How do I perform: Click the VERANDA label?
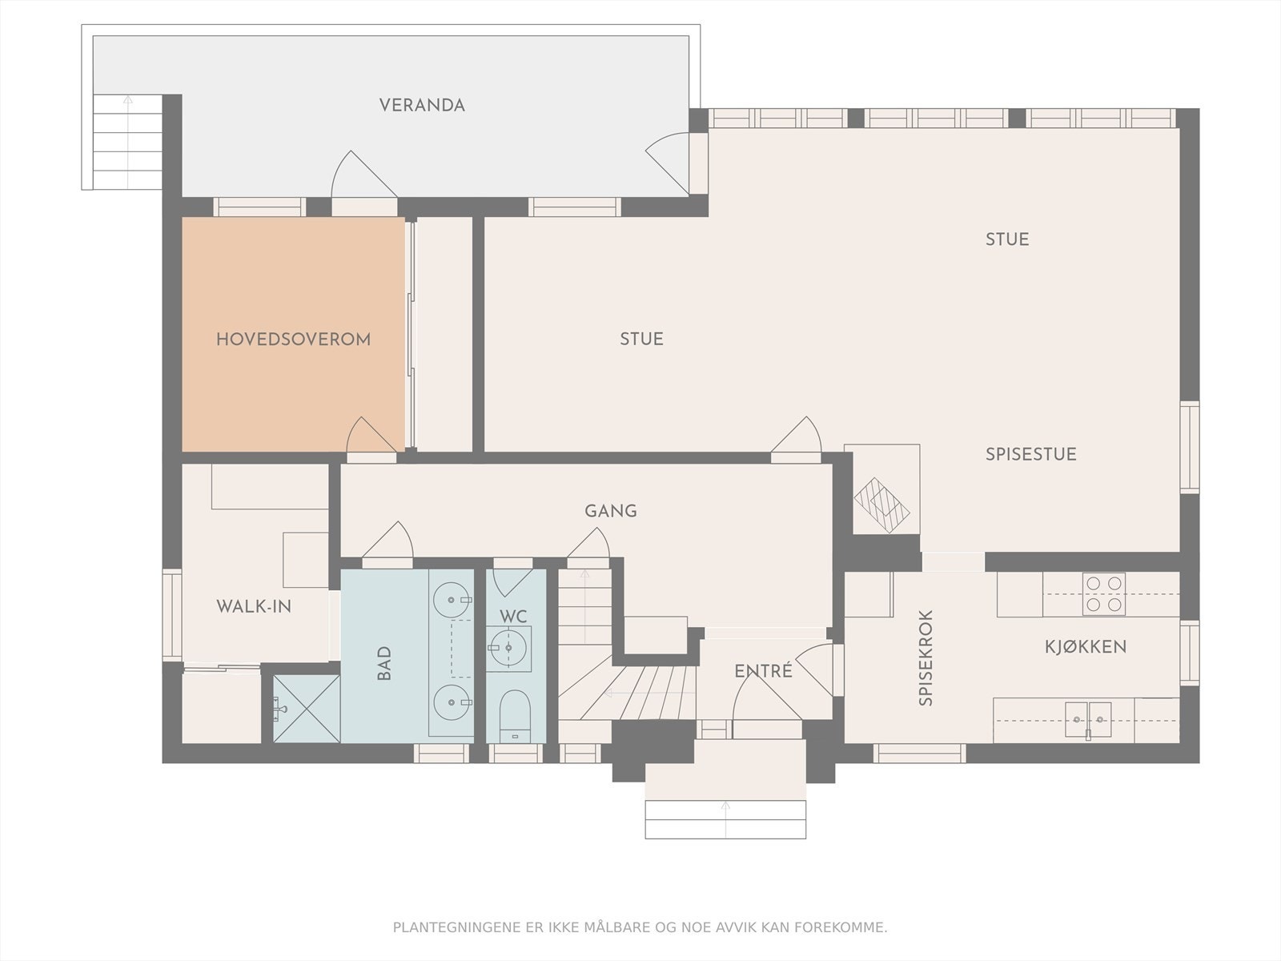click(422, 105)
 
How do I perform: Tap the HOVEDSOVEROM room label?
click(294, 339)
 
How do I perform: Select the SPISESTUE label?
click(1030, 454)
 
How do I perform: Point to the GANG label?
click(610, 511)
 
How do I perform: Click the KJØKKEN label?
click(1086, 646)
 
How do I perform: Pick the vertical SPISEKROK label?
click(926, 657)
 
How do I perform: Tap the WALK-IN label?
click(254, 607)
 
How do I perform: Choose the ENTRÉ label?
click(763, 671)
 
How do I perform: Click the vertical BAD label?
click(384, 663)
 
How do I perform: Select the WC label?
click(513, 616)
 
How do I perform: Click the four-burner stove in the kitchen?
click(1103, 594)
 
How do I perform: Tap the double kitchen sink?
click(1088, 720)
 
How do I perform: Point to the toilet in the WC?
click(515, 717)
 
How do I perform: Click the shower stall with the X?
click(307, 709)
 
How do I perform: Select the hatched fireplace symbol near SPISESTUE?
click(881, 505)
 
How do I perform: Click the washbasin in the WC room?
click(508, 648)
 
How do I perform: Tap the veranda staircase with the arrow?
click(127, 143)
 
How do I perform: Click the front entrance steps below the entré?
click(725, 819)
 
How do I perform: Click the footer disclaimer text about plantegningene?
click(640, 927)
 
